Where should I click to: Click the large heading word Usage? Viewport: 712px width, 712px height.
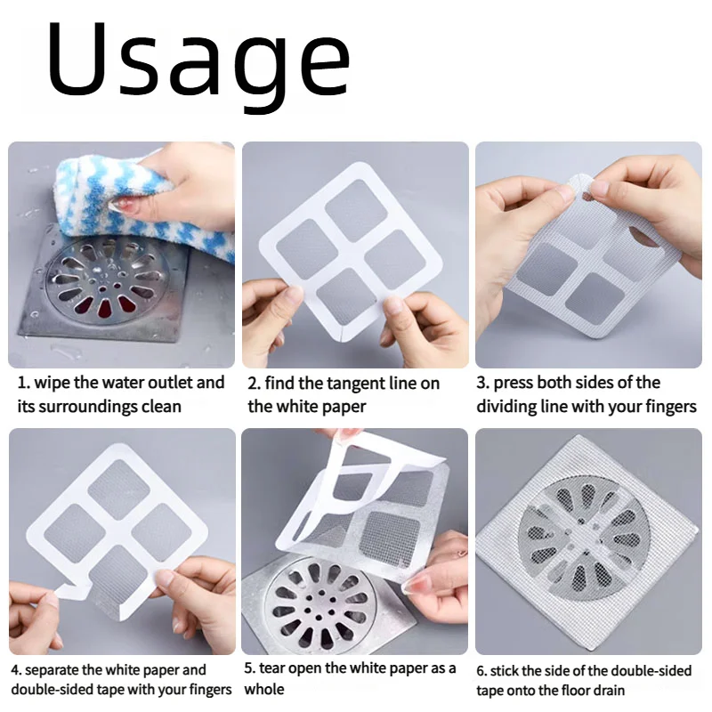tap(198, 60)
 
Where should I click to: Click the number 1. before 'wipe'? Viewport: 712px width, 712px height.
tap(23, 383)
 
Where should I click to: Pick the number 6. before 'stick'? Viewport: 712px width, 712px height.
tap(482, 670)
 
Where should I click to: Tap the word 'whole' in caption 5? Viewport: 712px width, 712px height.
tap(263, 690)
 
